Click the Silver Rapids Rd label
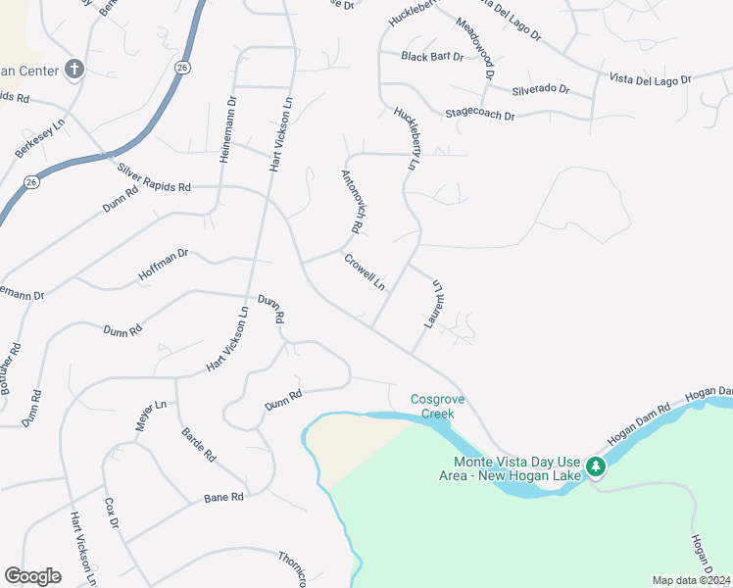coord(154,177)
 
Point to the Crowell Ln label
coord(365,271)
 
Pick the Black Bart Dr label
coord(432,56)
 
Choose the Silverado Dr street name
coord(540,89)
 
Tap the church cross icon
coord(73,69)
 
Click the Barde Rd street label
coord(198,443)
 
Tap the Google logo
coord(32,576)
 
